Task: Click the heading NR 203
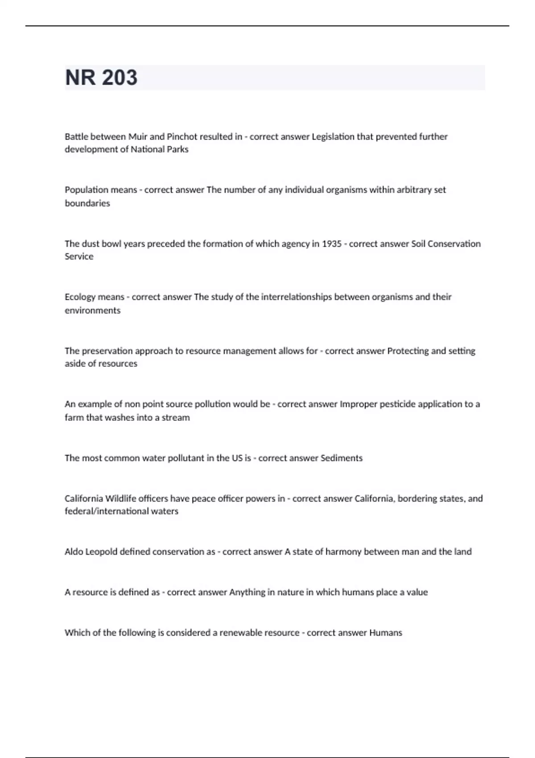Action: (101, 78)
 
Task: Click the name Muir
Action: (138, 136)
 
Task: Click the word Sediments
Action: (342, 458)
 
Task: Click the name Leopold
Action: (101, 552)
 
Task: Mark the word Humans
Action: (386, 633)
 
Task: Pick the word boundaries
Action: (87, 203)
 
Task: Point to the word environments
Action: (92, 310)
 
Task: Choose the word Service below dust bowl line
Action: (79, 256)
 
